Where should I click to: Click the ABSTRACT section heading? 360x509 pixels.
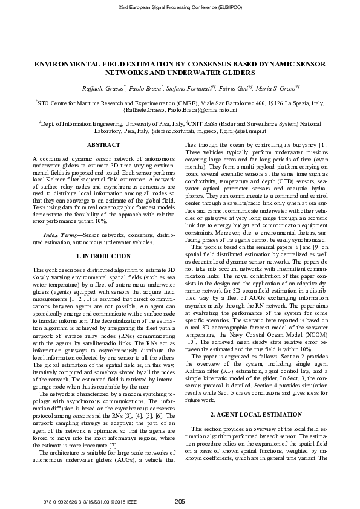point(99,145)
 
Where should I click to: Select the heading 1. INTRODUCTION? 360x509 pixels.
point(99,256)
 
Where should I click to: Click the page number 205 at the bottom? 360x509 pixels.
point(180,501)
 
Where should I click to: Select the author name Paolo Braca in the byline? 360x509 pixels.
point(145,88)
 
